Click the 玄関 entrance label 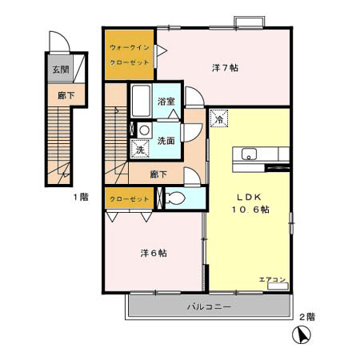click(x=61, y=70)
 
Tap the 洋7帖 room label click(x=225, y=68)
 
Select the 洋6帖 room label click(x=154, y=253)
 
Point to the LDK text click(x=250, y=197)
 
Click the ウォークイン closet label click(x=130, y=48)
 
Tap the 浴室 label click(x=166, y=102)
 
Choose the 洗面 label click(x=166, y=141)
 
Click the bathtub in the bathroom click(x=141, y=101)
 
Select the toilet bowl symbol click(x=175, y=198)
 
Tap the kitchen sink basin click(x=249, y=154)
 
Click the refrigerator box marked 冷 click(x=219, y=118)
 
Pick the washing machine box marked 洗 click(x=140, y=149)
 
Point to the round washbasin click(x=145, y=130)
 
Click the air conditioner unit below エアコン click(x=278, y=286)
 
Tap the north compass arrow click(x=302, y=334)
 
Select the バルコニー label click(x=209, y=306)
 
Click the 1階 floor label click(x=81, y=197)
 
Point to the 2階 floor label click(x=307, y=317)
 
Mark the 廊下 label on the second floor click(x=158, y=174)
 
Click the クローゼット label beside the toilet click(x=130, y=199)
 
